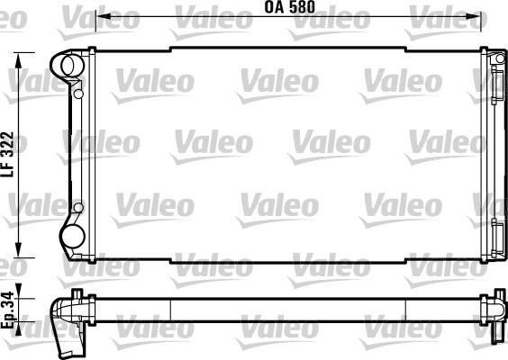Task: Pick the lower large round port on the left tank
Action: coord(72,238)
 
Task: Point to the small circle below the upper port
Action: coord(78,93)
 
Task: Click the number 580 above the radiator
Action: coord(306,8)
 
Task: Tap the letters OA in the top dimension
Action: coord(274,8)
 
